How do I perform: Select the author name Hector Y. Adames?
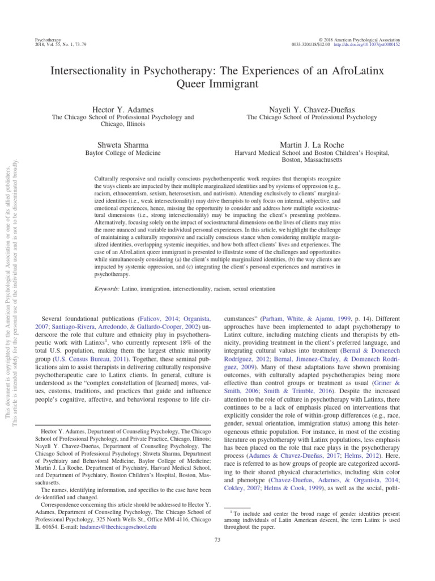[123, 108]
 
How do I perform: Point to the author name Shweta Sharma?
[123, 144]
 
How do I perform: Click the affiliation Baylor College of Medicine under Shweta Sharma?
[123, 153]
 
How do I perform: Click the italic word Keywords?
[106, 289]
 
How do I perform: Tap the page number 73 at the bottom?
[217, 540]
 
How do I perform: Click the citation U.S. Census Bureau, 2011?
[85, 359]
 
